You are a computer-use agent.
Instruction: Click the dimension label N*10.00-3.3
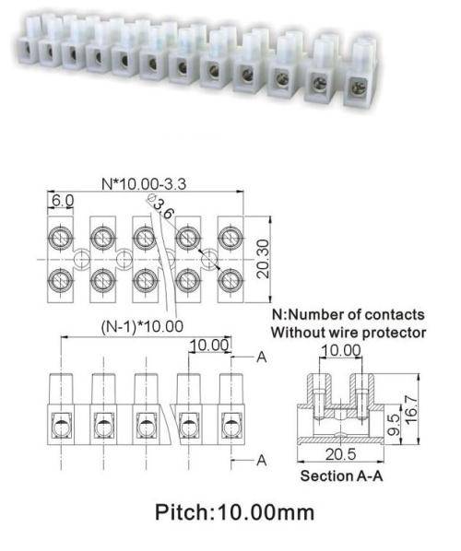[144, 183]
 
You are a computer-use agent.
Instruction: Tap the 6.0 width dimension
[63, 201]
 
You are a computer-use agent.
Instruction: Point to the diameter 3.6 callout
[161, 207]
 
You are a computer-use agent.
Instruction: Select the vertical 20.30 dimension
[263, 259]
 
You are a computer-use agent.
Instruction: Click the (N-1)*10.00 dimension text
[142, 326]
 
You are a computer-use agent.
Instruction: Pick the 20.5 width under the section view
[340, 454]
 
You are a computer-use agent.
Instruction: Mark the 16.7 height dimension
[411, 409]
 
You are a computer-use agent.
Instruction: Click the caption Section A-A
[341, 476]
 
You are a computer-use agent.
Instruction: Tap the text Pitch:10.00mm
[234, 512]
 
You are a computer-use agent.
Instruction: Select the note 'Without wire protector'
[349, 333]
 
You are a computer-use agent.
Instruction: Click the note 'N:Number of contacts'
[349, 314]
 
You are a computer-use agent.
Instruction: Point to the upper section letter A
[262, 357]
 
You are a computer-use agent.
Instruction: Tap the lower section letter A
[262, 460]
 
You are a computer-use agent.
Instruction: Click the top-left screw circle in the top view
[60, 239]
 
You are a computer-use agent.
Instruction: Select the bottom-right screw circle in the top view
[230, 281]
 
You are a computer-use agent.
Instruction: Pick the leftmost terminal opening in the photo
[26, 50]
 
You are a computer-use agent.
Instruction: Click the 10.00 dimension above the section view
[341, 350]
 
